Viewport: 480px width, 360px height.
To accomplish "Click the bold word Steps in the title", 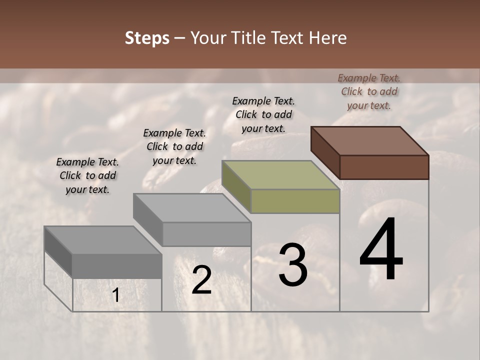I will point(147,38).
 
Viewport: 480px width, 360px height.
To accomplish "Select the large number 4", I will point(381,249).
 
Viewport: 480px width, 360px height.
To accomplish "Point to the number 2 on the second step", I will point(201,280).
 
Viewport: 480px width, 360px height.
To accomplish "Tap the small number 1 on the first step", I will point(116,295).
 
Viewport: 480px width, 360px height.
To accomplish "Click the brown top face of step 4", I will point(370,141).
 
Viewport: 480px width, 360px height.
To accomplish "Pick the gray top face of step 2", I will point(192,208).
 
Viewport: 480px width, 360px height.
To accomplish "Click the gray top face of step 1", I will point(103,240).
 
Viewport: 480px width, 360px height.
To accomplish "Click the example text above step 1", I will point(87,175).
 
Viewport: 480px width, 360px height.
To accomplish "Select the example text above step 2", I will point(174,146).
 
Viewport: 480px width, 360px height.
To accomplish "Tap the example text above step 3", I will point(263,114).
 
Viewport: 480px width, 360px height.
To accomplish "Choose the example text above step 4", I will point(369,91).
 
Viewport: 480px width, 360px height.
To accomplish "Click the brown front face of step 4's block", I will point(384,167).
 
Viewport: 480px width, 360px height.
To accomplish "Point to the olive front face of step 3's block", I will point(295,201).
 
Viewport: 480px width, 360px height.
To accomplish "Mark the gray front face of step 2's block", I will point(206,234).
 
